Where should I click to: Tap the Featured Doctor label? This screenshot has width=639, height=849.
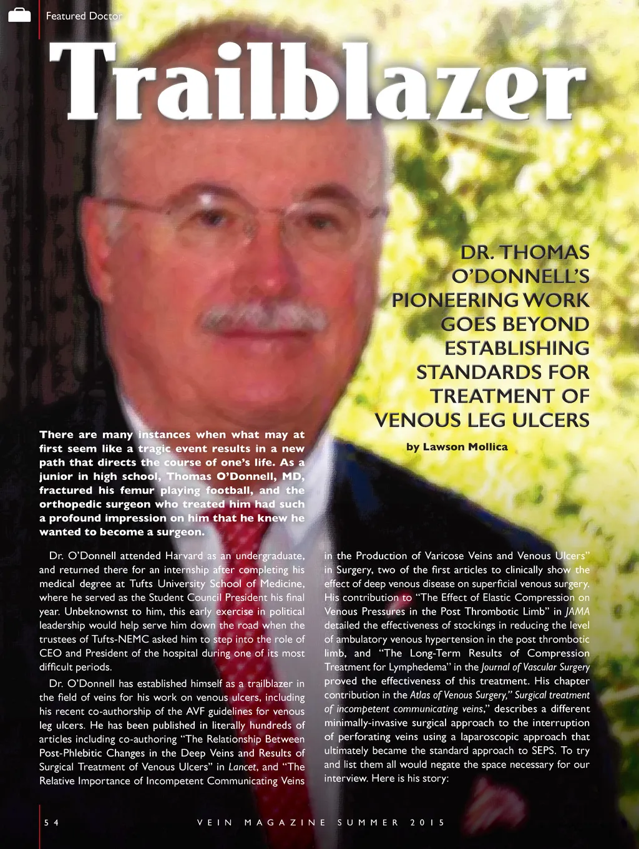click(x=84, y=16)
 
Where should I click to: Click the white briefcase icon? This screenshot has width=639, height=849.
click(x=19, y=15)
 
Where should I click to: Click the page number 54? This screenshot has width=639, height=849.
click(x=51, y=822)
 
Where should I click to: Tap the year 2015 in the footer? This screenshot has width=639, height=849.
click(x=427, y=822)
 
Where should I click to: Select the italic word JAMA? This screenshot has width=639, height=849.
click(x=577, y=612)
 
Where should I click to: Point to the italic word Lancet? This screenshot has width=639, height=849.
click(x=242, y=767)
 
